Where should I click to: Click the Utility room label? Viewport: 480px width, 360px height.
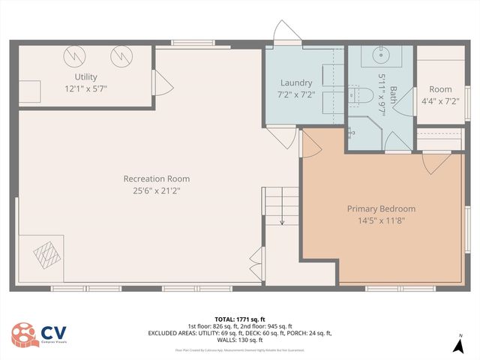(x=85, y=76)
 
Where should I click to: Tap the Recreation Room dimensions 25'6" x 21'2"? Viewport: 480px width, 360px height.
(x=156, y=190)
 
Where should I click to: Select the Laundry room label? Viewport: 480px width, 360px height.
(x=296, y=82)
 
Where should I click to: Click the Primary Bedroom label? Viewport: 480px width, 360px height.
(x=381, y=208)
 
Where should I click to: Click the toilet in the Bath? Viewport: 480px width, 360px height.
(x=362, y=94)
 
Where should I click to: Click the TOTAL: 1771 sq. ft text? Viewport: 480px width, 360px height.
(x=240, y=319)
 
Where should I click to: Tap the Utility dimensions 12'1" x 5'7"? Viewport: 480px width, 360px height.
(x=85, y=88)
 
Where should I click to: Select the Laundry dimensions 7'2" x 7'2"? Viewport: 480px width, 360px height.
(x=296, y=94)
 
